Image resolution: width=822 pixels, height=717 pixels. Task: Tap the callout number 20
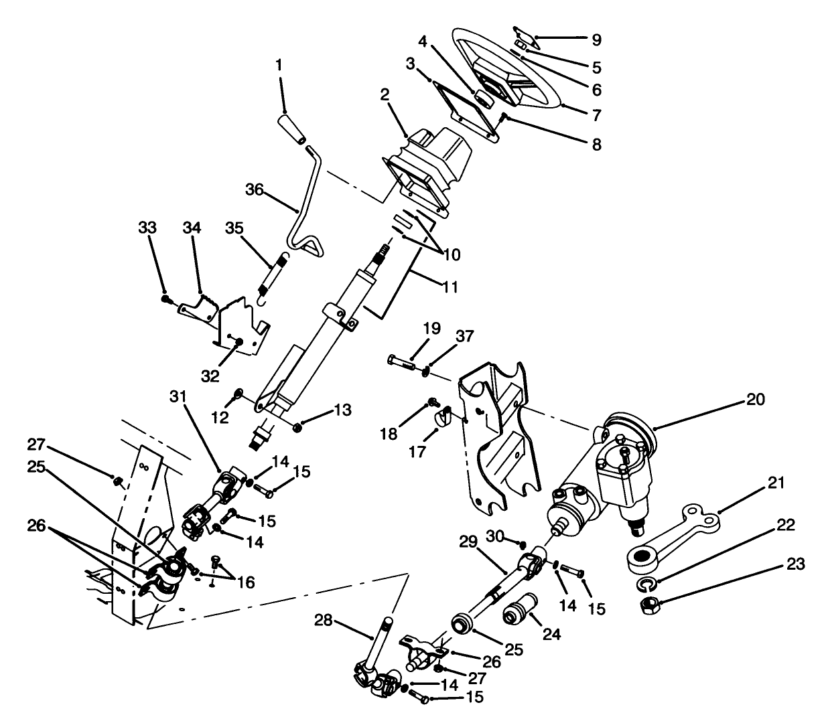(x=754, y=400)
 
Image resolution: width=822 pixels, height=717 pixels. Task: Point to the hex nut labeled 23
(x=647, y=605)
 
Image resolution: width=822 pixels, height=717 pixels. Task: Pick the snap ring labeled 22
(x=645, y=585)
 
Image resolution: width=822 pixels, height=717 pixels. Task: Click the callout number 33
(x=148, y=228)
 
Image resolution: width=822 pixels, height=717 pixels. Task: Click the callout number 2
(x=385, y=94)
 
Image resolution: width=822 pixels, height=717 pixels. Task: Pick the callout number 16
(x=245, y=582)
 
